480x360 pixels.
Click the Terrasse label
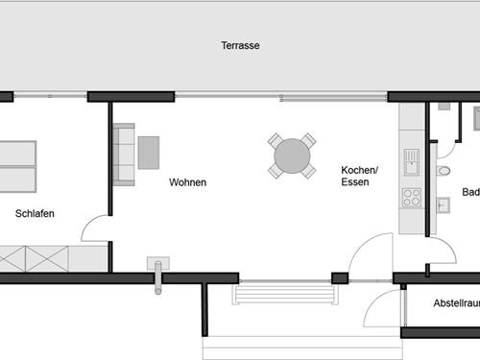(240, 45)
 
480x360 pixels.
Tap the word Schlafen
(35, 213)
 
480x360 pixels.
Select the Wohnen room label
(187, 182)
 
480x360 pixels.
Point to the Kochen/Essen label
(359, 176)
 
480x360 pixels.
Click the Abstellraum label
(456, 302)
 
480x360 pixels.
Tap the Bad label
(470, 192)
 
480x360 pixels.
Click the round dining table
(292, 156)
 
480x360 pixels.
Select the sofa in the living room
(124, 154)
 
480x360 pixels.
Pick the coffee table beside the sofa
(149, 152)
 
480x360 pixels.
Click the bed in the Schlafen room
(17, 165)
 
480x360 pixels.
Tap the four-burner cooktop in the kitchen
(412, 198)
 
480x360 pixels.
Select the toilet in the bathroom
(443, 171)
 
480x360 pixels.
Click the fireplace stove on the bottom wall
(157, 266)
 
